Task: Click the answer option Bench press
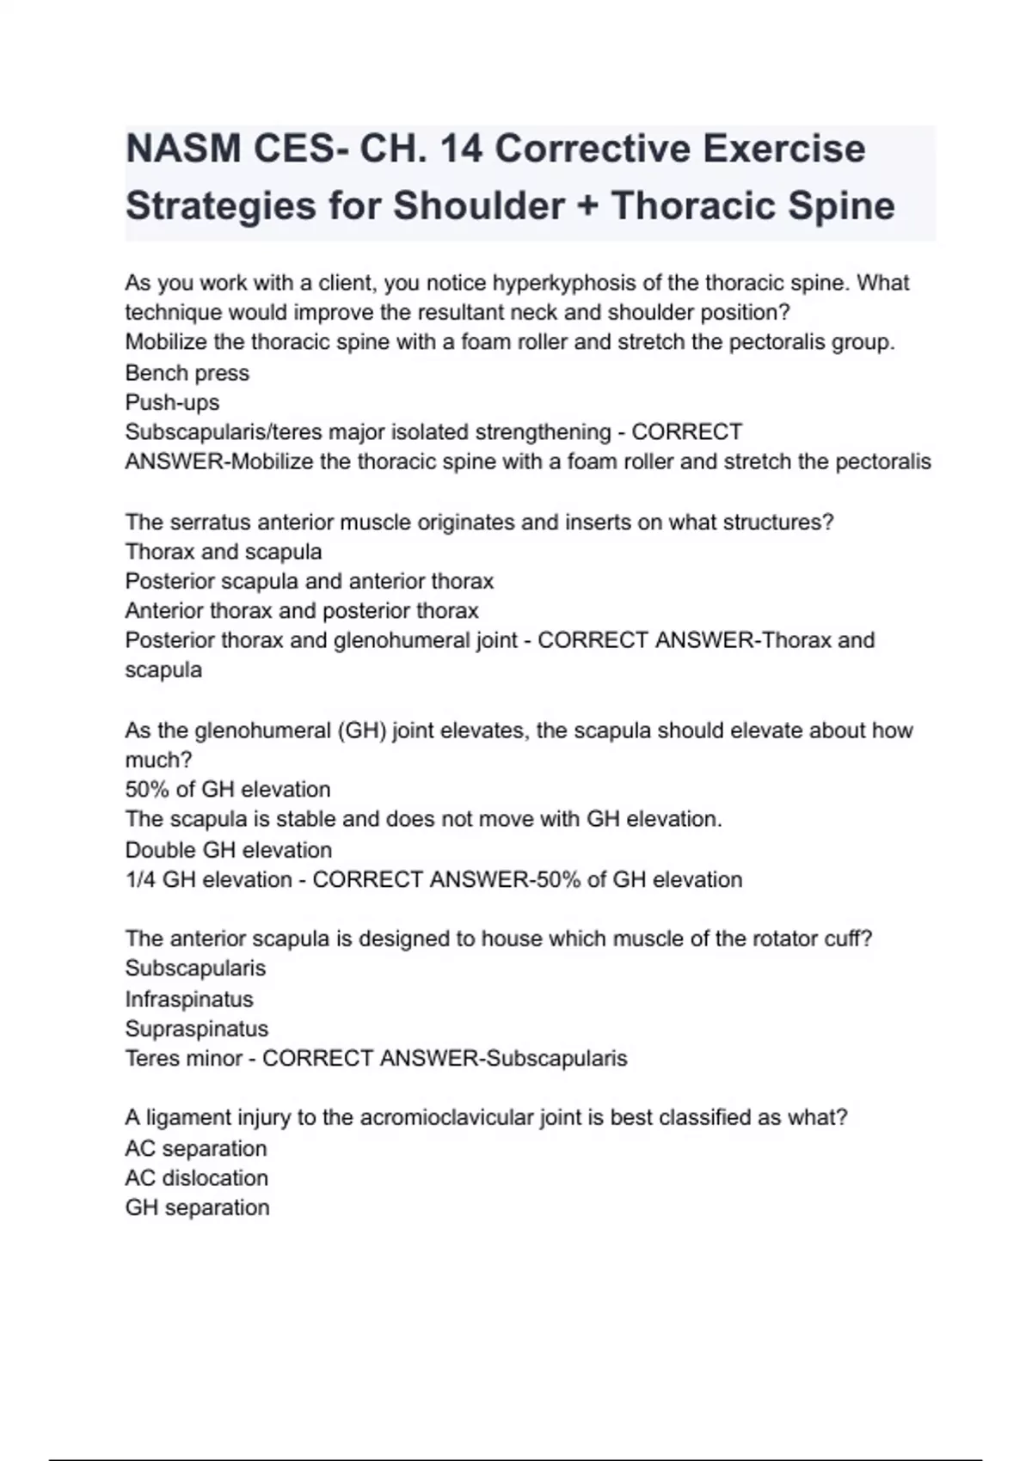pyautogui.click(x=187, y=373)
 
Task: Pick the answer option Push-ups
pyautogui.click(x=172, y=402)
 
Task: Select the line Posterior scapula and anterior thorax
pyautogui.click(x=309, y=581)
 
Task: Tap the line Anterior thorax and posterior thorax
pyautogui.click(x=301, y=611)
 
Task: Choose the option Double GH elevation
pyautogui.click(x=228, y=850)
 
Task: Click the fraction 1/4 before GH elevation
pyautogui.click(x=140, y=879)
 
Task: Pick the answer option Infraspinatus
pyautogui.click(x=188, y=999)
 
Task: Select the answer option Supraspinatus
pyautogui.click(x=196, y=1029)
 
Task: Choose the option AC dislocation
pyautogui.click(x=196, y=1177)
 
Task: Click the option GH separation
pyautogui.click(x=197, y=1207)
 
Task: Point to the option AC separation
pyautogui.click(x=195, y=1148)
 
